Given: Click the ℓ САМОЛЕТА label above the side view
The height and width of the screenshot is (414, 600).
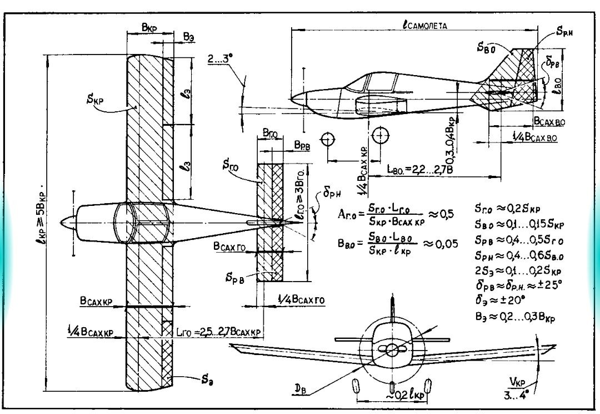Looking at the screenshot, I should (x=426, y=24).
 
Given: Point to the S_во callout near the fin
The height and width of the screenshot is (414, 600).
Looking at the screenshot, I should (x=486, y=48).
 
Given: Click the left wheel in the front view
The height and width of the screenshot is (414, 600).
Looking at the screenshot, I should (x=356, y=386).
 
